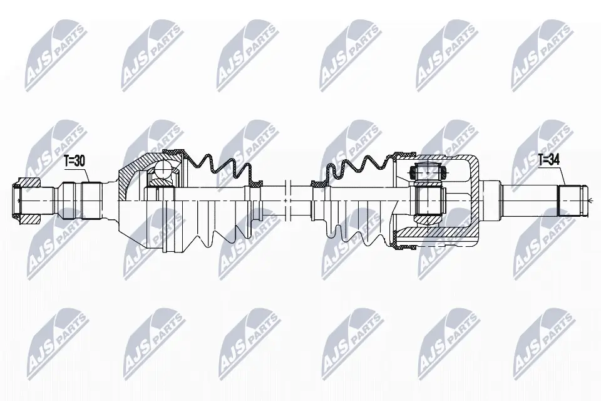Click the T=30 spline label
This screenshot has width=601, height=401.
[74, 161]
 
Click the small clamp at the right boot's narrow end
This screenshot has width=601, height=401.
[319, 184]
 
